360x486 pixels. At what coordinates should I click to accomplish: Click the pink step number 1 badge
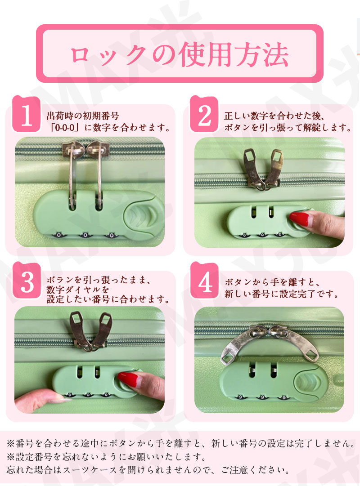(x=26, y=114)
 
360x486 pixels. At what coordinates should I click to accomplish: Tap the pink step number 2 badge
(x=204, y=114)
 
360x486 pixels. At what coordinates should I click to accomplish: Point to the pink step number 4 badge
(x=204, y=281)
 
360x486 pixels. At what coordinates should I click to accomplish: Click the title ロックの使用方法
(x=180, y=54)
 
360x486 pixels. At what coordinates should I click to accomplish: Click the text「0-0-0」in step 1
(x=64, y=127)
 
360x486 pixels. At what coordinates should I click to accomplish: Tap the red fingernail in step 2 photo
(x=300, y=218)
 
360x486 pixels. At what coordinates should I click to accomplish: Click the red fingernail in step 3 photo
(x=128, y=379)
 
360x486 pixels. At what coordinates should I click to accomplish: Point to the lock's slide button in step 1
(x=144, y=216)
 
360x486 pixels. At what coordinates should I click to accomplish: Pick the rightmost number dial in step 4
(x=283, y=397)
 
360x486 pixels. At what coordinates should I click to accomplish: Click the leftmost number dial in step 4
(x=240, y=397)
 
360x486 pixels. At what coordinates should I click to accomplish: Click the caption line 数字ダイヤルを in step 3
(x=78, y=290)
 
